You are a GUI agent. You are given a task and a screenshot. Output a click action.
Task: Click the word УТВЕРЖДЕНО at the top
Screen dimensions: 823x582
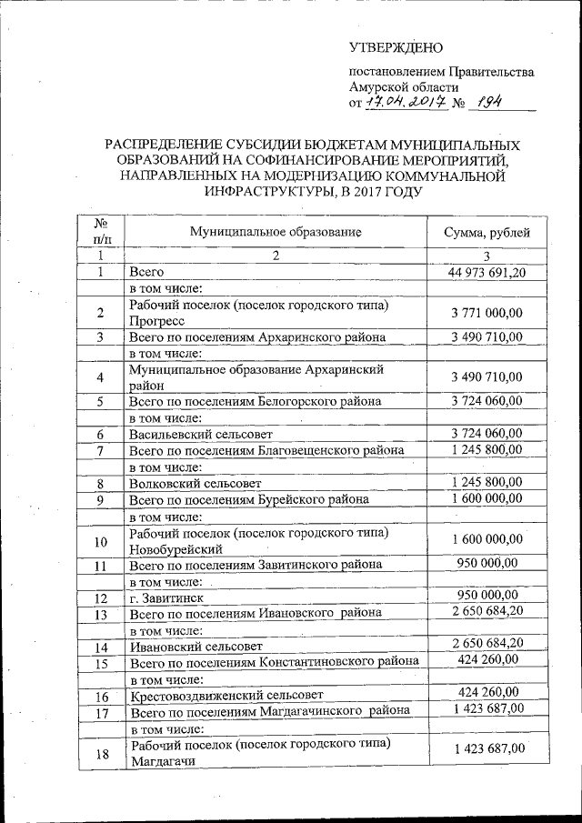(396, 47)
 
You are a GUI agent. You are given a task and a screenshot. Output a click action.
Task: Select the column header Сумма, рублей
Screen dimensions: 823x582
(487, 232)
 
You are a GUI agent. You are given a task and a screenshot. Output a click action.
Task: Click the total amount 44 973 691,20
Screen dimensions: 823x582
(487, 272)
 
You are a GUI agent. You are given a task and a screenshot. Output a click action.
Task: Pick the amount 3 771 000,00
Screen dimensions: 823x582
(487, 313)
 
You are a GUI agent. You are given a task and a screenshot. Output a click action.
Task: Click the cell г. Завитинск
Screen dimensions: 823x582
(165, 598)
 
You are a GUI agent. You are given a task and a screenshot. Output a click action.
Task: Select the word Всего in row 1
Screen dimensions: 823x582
(145, 272)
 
